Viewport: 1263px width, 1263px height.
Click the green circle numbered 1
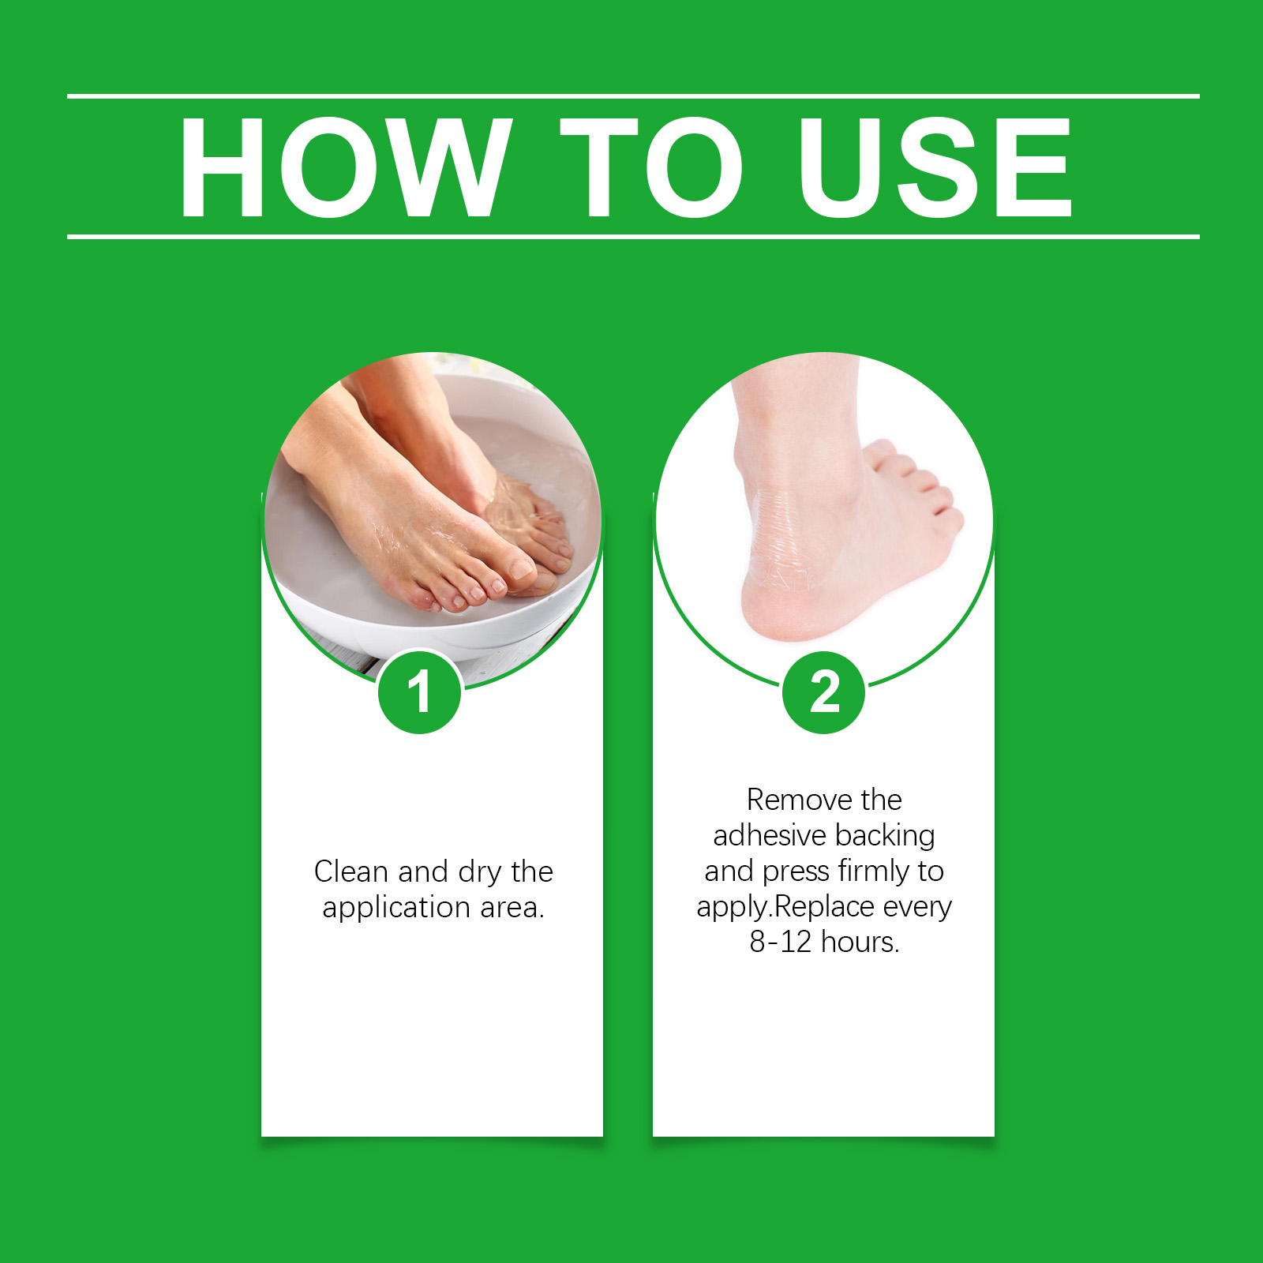coord(419,692)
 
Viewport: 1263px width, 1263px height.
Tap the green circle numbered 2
coord(824,692)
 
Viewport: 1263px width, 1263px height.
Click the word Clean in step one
coord(351,871)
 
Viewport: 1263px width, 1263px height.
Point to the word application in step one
coord(397,909)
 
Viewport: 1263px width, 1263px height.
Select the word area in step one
coord(512,909)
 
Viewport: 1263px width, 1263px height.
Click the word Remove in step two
coord(800,800)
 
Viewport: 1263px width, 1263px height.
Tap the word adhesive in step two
coord(770,835)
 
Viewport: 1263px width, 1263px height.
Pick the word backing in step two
coord(885,836)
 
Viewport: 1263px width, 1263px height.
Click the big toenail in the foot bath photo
coord(520,567)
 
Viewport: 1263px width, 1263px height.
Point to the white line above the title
coord(633,96)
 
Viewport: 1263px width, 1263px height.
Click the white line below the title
coord(633,236)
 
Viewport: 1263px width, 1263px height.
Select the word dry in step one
coord(480,873)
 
